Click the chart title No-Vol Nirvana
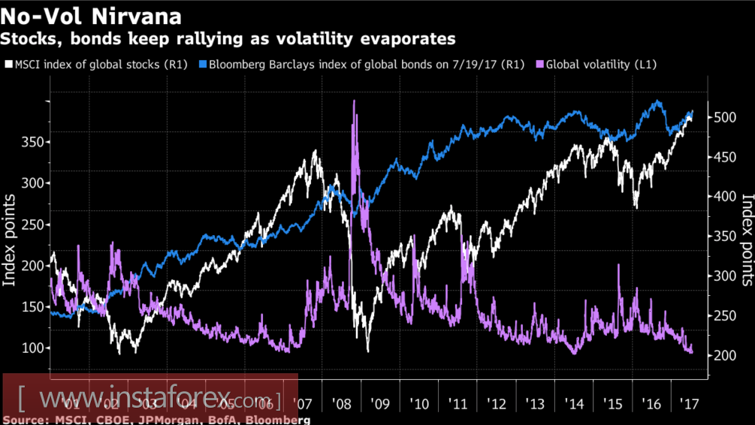coord(91,14)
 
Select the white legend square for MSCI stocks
coord(8,65)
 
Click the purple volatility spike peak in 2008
coord(353,102)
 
